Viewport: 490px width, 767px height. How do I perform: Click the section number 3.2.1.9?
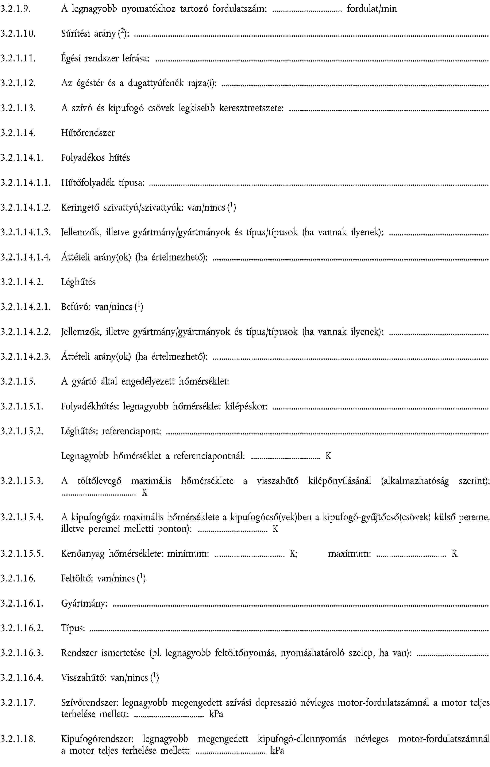pyautogui.click(x=15, y=9)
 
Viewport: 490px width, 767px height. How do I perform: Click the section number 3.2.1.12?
pyautogui.click(x=18, y=83)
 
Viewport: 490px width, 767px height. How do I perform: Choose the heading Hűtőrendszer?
pyautogui.click(x=88, y=133)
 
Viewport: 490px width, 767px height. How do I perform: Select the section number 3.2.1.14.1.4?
pyautogui.click(x=26, y=257)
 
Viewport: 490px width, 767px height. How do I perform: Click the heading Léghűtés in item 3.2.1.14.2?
pyautogui.click(x=78, y=282)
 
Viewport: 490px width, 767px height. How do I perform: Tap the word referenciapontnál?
pyautogui.click(x=209, y=456)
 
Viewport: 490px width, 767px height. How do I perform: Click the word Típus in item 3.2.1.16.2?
pyautogui.click(x=73, y=628)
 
